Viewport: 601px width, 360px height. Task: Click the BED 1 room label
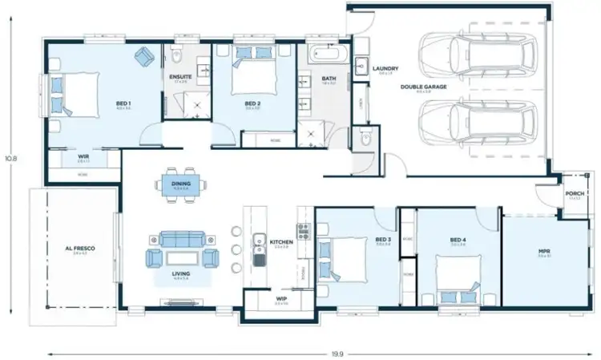pos(123,103)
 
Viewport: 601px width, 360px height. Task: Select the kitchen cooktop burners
pos(305,232)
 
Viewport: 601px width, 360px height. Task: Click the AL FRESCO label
pos(79,249)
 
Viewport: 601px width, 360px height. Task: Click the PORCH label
pos(574,193)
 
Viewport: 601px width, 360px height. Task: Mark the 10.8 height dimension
pos(11,158)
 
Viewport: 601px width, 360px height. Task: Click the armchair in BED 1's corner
pos(145,56)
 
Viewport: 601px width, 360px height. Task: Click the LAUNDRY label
pos(385,69)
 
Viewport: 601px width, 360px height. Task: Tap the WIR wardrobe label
pos(83,156)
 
